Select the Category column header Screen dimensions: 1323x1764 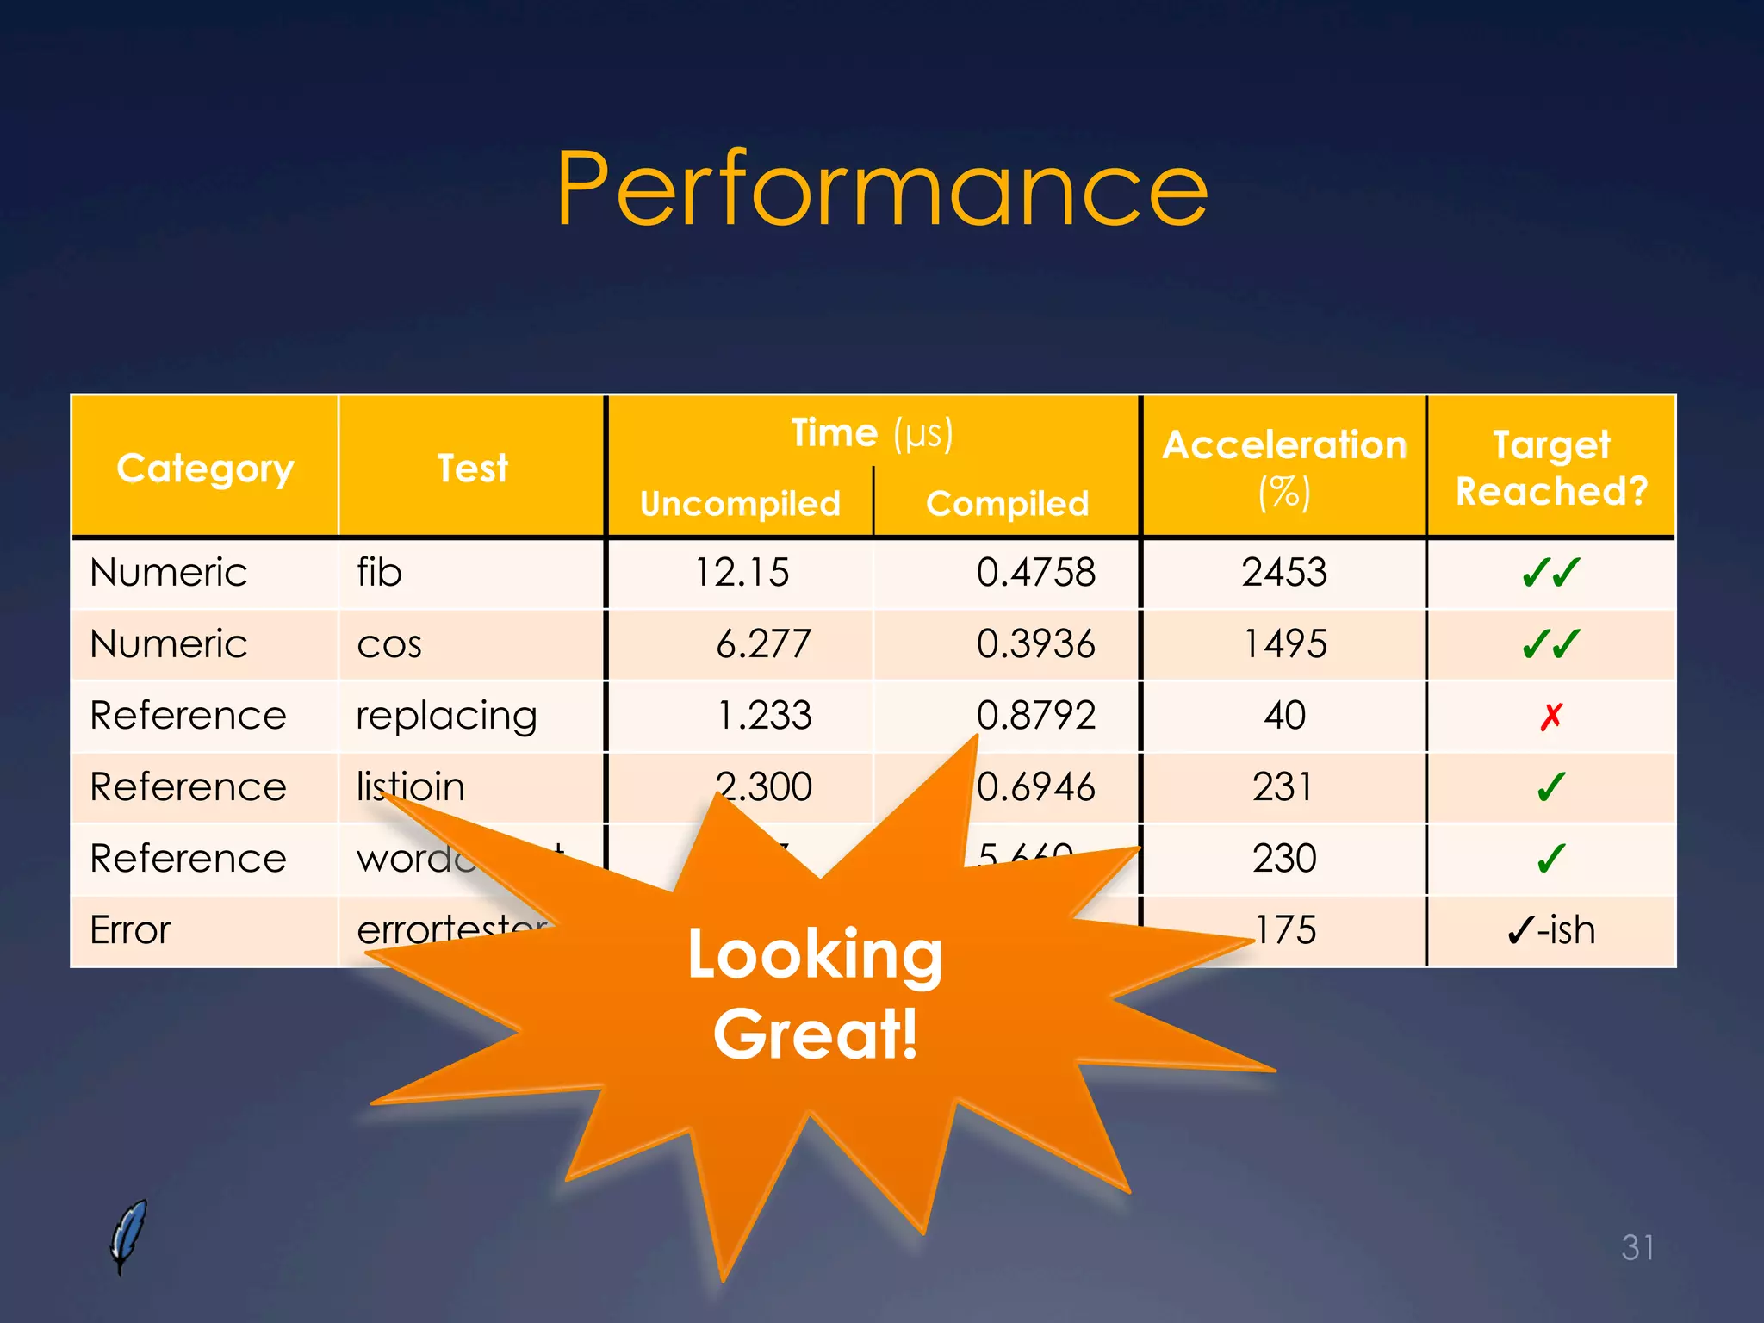tap(205, 469)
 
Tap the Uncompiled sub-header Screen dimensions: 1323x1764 tap(740, 504)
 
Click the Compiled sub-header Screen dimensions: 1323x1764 tap(1007, 504)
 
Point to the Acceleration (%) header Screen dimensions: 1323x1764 tap(1284, 468)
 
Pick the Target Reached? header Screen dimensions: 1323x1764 tap(1551, 468)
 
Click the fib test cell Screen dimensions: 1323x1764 tap(380, 573)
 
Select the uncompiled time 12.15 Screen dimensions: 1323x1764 tap(742, 573)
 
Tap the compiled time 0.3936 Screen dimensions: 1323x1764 tap(1035, 644)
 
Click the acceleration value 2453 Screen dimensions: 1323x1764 tap(1284, 573)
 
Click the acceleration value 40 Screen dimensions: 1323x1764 tap(1284, 716)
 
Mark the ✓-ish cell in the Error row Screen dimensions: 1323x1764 tap(1551, 930)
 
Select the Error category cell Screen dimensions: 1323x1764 tap(131, 930)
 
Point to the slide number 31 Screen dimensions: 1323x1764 tap(1637, 1247)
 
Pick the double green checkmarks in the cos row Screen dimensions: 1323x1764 tap(1551, 644)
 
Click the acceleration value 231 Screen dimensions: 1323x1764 tap(1283, 787)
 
